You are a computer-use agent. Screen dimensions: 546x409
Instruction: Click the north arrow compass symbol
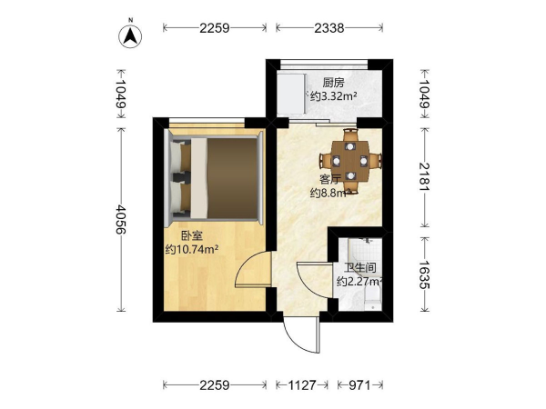coord(130,36)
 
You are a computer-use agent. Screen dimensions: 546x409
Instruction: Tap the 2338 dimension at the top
coord(329,28)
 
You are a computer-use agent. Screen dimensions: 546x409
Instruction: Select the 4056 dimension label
coord(121,219)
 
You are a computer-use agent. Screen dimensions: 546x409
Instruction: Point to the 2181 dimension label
coord(424,176)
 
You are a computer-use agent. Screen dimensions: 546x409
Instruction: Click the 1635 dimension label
coord(424,274)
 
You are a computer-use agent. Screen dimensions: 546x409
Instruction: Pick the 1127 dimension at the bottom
coord(302,385)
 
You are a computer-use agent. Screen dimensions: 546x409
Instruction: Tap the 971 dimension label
coord(360,385)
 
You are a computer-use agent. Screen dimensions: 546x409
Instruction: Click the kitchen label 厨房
coord(333,83)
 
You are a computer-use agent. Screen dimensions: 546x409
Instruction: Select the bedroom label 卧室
coord(191,236)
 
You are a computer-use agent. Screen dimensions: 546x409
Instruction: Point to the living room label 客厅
coord(330,180)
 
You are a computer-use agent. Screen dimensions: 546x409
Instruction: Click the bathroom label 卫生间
coord(360,268)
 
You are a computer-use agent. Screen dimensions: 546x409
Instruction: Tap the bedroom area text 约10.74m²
coord(192,249)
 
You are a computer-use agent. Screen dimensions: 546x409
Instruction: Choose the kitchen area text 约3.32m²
coord(333,95)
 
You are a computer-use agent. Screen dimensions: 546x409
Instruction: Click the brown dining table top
coord(350,161)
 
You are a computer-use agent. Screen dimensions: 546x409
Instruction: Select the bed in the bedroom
coord(215,179)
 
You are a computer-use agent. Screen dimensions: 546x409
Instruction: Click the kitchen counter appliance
coord(291,94)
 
